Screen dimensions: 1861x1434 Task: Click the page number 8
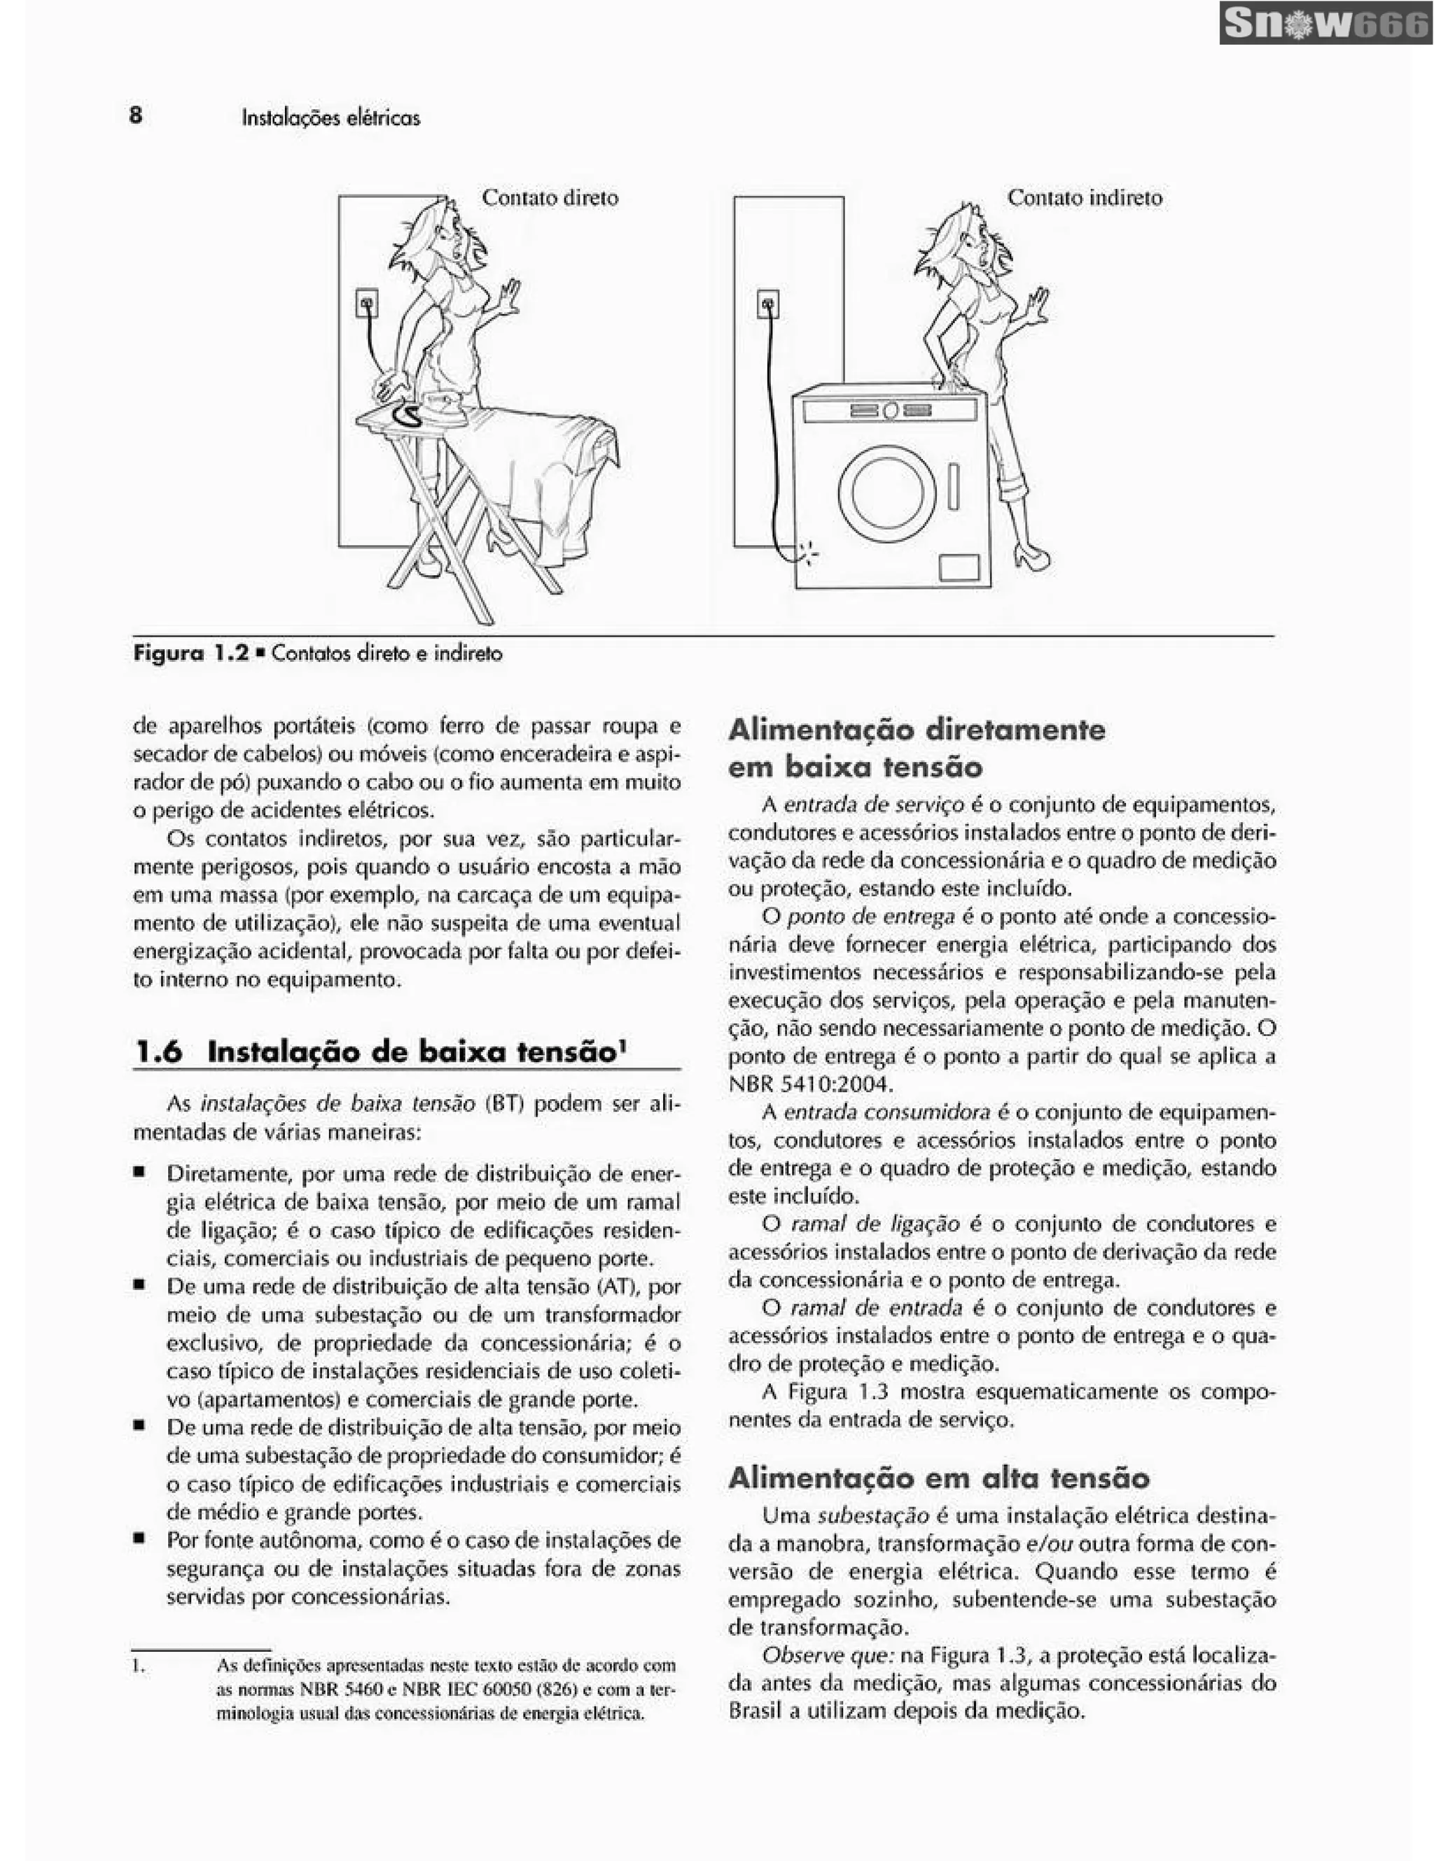click(137, 114)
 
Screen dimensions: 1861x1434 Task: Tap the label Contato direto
click(550, 198)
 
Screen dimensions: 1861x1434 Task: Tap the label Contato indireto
click(1085, 198)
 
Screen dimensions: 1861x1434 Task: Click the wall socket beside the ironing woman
click(367, 302)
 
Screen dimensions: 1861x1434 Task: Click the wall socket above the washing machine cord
click(767, 304)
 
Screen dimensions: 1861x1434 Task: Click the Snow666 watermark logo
click(1325, 23)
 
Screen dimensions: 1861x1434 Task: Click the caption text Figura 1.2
click(191, 654)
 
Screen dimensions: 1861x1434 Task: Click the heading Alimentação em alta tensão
click(939, 1477)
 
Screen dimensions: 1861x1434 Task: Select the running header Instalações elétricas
click(330, 118)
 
